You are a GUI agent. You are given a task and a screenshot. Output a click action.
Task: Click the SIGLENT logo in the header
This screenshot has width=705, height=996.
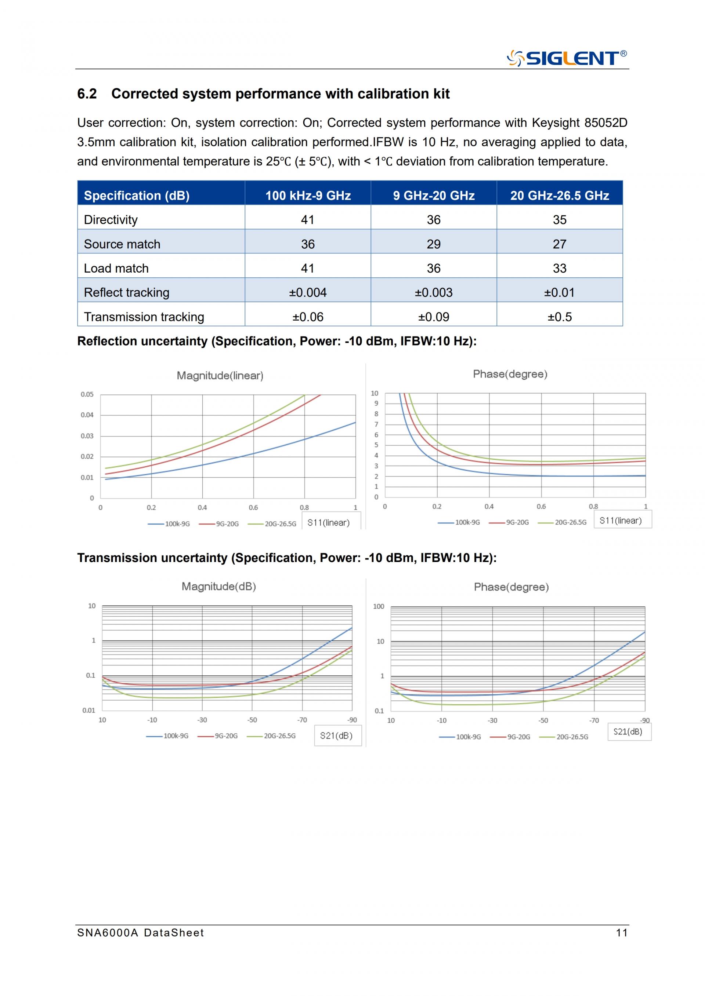click(x=567, y=58)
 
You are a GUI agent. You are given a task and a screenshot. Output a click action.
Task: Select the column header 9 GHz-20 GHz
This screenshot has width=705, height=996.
click(x=434, y=196)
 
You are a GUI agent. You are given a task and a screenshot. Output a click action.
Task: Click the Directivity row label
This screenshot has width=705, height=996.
click(x=111, y=220)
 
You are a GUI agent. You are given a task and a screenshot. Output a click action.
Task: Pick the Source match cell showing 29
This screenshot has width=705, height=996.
click(x=434, y=244)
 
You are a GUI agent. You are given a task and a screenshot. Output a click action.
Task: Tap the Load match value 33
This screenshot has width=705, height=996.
click(x=560, y=269)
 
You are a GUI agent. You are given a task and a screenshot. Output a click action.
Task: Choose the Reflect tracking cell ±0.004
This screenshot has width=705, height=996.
click(x=308, y=293)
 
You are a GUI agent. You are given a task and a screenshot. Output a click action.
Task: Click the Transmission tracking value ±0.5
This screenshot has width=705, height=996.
click(x=560, y=317)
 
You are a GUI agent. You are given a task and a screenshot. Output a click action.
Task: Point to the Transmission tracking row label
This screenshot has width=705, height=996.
click(x=144, y=317)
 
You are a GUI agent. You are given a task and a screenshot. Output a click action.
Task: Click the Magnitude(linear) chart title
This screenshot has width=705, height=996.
click(x=220, y=376)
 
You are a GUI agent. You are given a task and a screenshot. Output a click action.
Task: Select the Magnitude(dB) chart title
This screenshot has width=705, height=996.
click(x=219, y=587)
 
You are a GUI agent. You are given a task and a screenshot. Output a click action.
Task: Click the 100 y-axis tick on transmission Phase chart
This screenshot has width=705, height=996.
click(x=379, y=606)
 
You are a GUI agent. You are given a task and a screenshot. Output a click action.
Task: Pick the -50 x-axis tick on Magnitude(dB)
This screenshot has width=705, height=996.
click(x=252, y=720)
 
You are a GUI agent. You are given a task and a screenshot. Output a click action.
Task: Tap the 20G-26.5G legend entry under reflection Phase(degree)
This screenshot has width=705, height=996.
click(x=562, y=522)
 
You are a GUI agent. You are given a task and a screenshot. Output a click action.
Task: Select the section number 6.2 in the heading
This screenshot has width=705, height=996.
click(x=87, y=94)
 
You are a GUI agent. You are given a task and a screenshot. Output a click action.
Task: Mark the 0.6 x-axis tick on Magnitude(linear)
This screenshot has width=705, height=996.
click(x=253, y=508)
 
